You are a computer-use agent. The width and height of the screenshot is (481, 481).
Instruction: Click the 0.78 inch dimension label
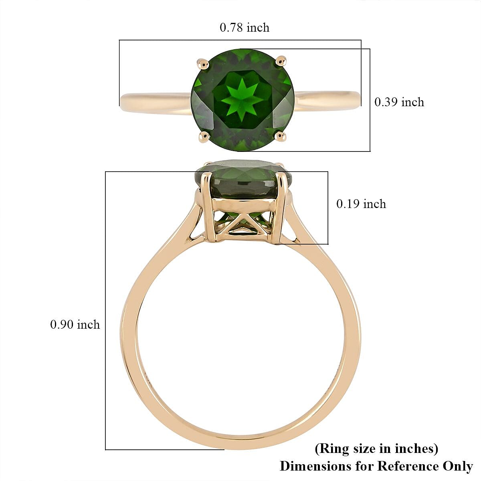(x=245, y=28)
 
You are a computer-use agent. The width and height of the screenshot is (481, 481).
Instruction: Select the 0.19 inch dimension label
(x=361, y=204)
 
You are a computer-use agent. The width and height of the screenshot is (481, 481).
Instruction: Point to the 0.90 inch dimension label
(x=75, y=325)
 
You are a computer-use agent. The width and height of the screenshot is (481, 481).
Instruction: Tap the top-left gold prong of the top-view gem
(x=204, y=63)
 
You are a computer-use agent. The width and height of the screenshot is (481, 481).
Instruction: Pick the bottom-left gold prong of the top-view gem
(x=204, y=137)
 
